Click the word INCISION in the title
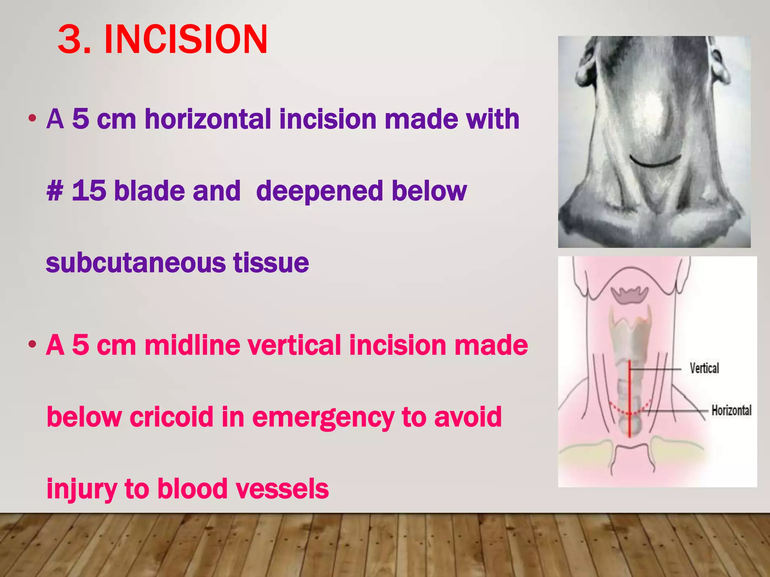point(186,39)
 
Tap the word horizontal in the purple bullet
point(208,119)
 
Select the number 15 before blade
point(89,191)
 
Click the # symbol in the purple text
point(55,191)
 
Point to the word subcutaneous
point(135,263)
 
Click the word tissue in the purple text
point(271,263)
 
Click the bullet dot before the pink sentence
point(32,344)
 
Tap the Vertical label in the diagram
point(704,368)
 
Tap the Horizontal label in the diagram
point(731,410)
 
